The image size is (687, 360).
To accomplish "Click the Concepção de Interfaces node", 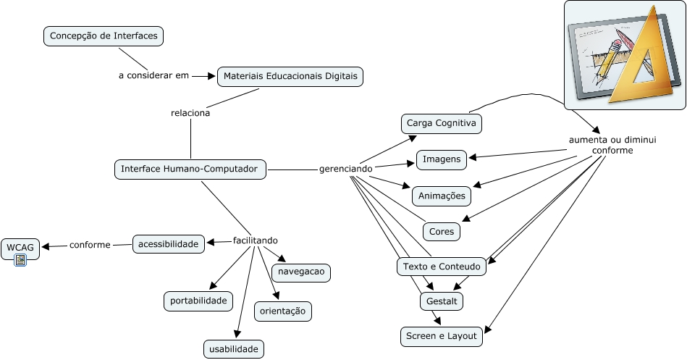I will click(x=104, y=35).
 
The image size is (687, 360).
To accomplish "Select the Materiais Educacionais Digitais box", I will click(x=290, y=76).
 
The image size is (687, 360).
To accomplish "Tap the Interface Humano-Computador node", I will click(x=190, y=169).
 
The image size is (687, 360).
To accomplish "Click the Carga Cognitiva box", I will click(x=442, y=123).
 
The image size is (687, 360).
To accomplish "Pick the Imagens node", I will click(x=442, y=159).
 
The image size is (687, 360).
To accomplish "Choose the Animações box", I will click(x=442, y=196).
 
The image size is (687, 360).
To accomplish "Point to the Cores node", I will click(x=442, y=231).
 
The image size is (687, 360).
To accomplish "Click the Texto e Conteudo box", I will click(x=442, y=267).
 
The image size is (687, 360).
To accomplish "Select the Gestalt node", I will click(x=441, y=301).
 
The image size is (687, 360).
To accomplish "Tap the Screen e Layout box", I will click(x=441, y=336).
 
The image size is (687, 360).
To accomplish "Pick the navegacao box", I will click(x=301, y=272).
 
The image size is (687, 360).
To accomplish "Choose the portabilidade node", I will click(x=198, y=301).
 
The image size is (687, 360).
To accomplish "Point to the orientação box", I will click(x=283, y=311).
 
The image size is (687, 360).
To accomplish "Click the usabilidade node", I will click(x=233, y=349).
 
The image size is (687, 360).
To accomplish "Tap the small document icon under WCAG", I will click(x=20, y=260).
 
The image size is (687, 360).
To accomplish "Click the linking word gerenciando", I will click(x=346, y=169).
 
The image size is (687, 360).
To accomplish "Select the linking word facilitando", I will click(x=256, y=240).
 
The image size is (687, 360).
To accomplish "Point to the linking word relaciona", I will click(x=190, y=113).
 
